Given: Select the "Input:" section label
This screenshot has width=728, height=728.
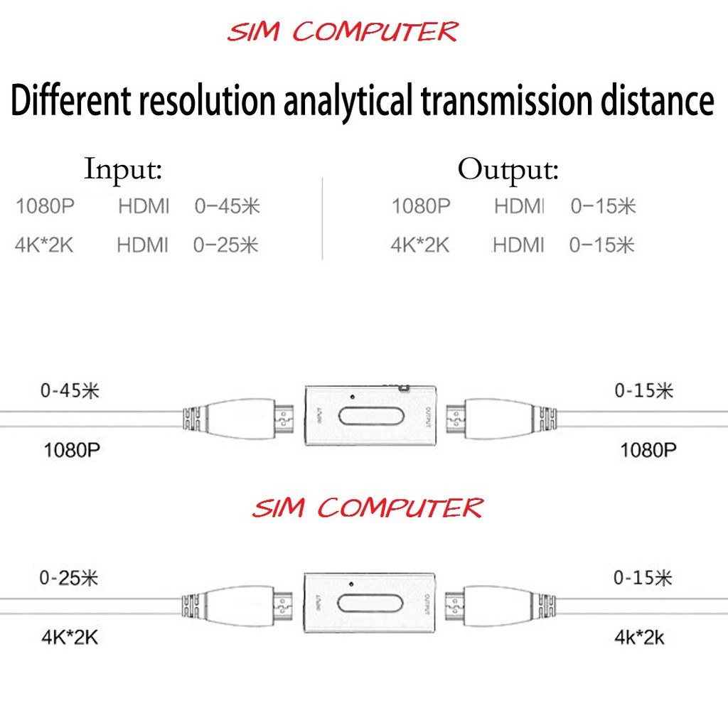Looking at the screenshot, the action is tap(123, 171).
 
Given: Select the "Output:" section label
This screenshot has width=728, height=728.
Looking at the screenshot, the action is tap(508, 171).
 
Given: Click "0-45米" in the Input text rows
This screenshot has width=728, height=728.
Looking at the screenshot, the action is tap(227, 207).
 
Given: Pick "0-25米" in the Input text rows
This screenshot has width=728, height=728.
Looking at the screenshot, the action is tap(226, 245).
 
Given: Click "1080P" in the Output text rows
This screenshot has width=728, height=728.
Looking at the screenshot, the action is tap(421, 207).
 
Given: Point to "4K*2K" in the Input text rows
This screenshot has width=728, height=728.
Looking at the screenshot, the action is tap(44, 245).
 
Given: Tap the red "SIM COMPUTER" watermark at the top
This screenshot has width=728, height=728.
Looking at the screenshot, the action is tap(343, 33).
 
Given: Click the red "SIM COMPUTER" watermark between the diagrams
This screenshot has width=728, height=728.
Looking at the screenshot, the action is tap(368, 508).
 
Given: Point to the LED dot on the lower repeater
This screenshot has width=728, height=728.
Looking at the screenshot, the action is tap(351, 584).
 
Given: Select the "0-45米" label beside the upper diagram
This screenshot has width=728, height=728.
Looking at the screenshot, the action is tap(69, 391).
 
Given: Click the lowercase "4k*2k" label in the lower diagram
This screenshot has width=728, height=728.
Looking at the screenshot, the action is tap(640, 637).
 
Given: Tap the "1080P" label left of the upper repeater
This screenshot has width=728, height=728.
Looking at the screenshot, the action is tap(73, 450).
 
